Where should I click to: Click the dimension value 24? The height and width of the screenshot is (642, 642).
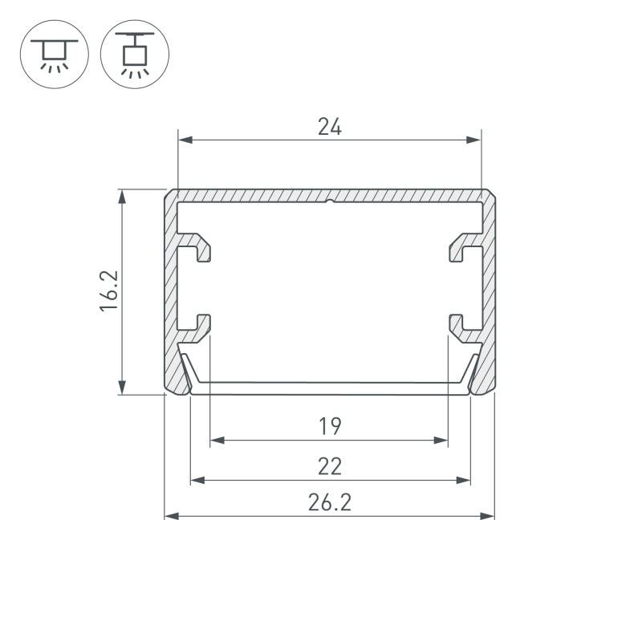[x=330, y=127]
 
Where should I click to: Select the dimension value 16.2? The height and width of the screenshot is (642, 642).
[x=109, y=291]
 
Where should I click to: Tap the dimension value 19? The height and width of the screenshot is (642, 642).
[x=330, y=426]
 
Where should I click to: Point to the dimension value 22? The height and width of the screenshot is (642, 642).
[x=330, y=466]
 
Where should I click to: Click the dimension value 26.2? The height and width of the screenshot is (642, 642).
[x=330, y=502]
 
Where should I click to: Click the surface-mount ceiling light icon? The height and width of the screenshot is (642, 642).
[x=55, y=54]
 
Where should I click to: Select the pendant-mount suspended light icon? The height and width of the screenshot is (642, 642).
[x=135, y=54]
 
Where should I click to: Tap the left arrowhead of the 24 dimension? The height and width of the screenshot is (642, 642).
[x=186, y=140]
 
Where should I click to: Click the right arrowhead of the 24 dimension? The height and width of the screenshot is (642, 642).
[x=474, y=140]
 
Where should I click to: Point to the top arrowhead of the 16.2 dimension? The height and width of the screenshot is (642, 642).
[x=122, y=197]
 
